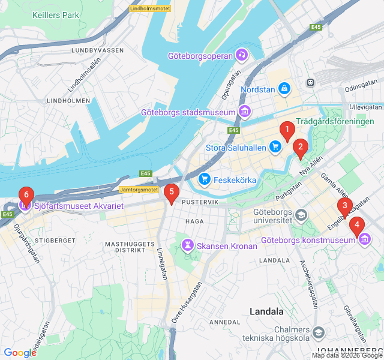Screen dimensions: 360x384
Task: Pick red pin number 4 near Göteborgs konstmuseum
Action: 357,226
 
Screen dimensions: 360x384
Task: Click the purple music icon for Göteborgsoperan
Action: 241,55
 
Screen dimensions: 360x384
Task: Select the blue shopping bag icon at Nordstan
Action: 284,89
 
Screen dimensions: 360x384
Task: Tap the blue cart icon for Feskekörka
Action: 205,179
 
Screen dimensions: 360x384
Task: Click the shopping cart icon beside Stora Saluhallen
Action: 275,147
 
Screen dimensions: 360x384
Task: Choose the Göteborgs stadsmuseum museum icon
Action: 244,112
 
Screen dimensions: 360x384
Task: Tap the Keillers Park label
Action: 56,14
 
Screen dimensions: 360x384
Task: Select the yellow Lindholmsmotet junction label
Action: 151,8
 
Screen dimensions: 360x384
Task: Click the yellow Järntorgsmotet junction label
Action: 138,190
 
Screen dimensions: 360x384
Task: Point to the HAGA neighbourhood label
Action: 195,221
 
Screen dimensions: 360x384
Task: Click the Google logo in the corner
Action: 20,353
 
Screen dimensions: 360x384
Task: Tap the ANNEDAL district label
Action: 224,322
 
